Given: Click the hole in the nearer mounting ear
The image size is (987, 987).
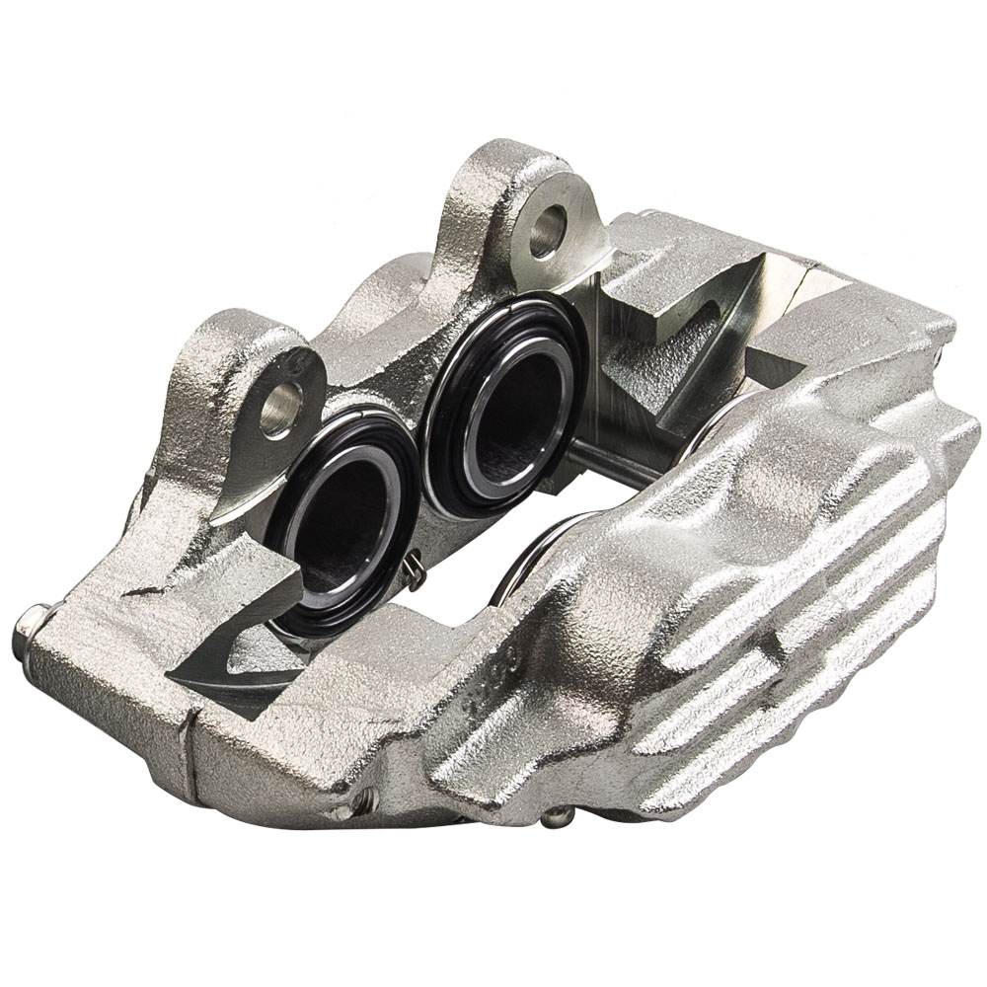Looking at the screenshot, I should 282,407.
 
